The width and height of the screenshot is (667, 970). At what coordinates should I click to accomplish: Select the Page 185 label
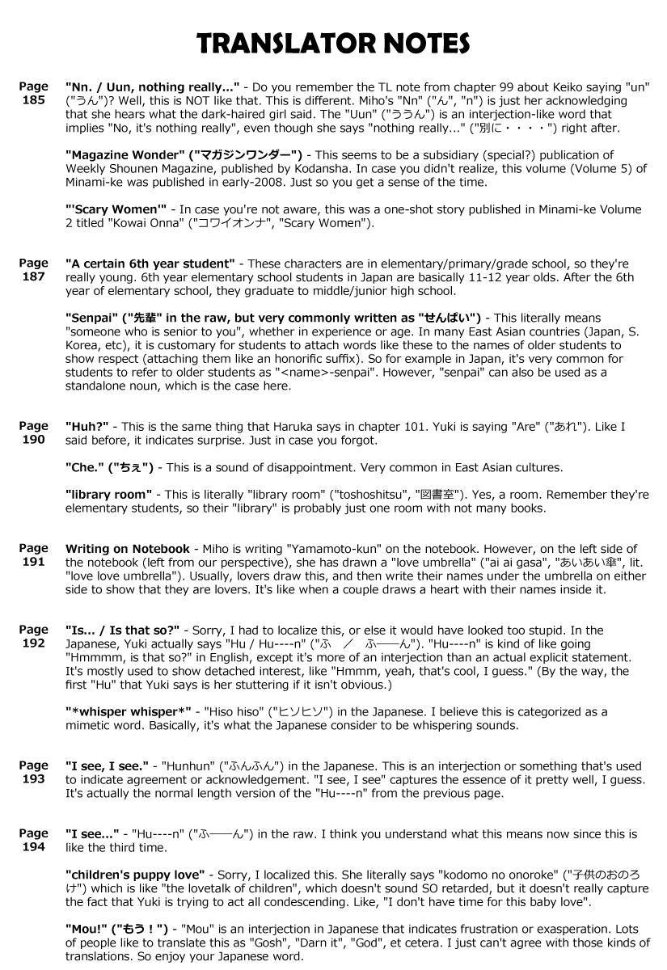coord(33,93)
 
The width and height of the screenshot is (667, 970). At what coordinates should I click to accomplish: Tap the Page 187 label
coord(33,270)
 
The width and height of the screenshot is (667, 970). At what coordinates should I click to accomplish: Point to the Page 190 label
coord(33,432)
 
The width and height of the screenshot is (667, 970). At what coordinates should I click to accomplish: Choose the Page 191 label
coord(33,555)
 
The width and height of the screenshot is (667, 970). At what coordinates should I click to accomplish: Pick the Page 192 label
coord(33,636)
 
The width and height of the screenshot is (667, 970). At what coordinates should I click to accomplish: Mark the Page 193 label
coord(33,772)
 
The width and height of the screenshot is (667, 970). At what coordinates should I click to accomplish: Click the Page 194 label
coord(33,840)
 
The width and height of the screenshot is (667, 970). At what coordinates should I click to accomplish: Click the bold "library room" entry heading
coord(108,494)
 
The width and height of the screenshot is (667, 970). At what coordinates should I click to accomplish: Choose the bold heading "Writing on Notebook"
coord(128,549)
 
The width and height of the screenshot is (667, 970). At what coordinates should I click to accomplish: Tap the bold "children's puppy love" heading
coord(137,875)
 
